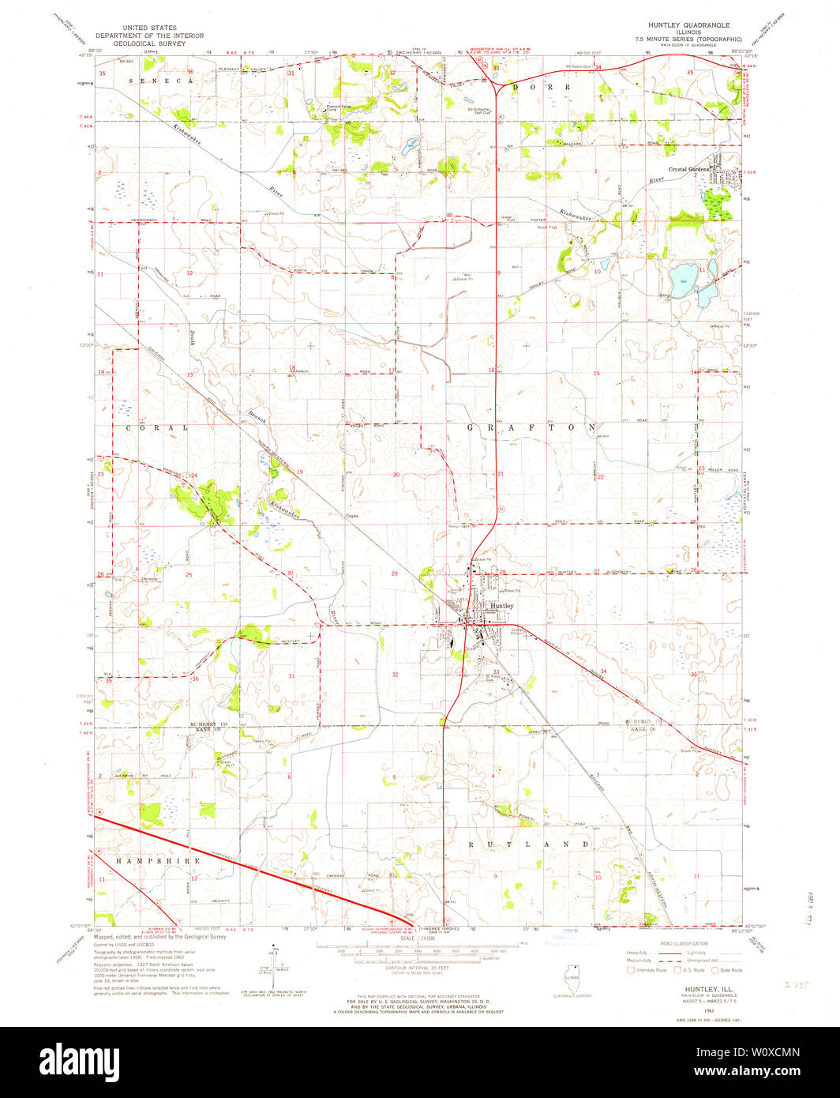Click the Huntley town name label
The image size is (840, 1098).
pos(502,606)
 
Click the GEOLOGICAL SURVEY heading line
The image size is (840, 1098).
pos(149,44)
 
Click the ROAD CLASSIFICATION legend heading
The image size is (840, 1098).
pos(671,943)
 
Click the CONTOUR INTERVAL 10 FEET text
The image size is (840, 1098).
pos(418,968)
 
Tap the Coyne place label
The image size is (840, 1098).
pos(352,516)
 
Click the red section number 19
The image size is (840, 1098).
pos(300,472)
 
